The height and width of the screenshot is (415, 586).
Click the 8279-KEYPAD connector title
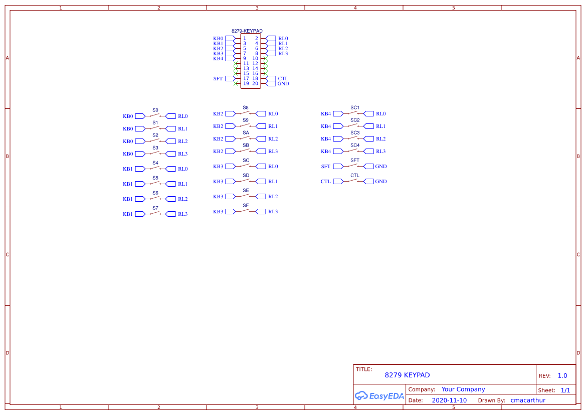247,31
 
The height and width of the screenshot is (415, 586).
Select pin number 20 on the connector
255,84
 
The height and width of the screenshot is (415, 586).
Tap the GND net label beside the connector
283,84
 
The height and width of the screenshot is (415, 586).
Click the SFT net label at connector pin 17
218,79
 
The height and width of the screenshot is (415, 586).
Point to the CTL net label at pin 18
283,79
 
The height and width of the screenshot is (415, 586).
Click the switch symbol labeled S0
155,116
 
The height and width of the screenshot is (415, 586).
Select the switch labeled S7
155,214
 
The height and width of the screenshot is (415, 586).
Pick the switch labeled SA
246,139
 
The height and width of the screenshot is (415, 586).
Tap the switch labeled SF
246,211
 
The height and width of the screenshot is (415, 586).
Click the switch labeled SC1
354,113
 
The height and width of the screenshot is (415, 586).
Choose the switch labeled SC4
354,151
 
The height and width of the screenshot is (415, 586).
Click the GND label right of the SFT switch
381,167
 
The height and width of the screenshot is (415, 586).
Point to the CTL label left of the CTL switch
326,182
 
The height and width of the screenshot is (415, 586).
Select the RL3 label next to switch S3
182,154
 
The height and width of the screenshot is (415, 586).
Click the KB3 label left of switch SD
218,182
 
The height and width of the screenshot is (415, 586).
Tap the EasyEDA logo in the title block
379,395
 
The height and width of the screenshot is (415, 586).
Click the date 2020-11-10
449,400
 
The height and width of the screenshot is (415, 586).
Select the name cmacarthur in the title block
528,400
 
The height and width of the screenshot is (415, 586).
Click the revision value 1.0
562,376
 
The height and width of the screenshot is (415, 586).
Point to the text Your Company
463,389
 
